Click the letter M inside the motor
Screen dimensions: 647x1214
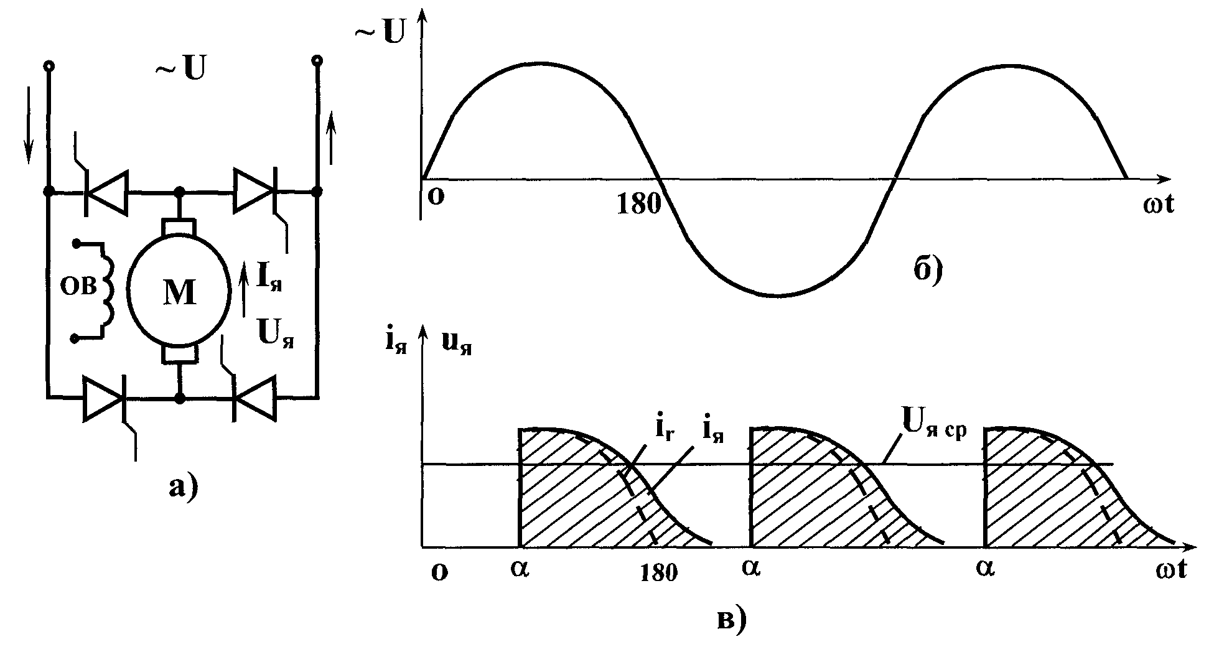tap(180, 292)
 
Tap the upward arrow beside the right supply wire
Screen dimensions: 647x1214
tap(331, 136)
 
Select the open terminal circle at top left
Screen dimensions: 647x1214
tap(47, 65)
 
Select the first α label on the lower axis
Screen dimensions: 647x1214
tap(520, 569)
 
